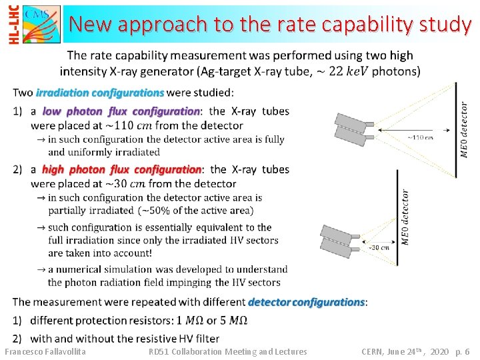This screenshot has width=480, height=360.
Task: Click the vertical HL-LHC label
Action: (12, 25)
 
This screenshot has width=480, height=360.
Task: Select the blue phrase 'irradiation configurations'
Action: (100, 92)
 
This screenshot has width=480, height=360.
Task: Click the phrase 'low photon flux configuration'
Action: (121, 111)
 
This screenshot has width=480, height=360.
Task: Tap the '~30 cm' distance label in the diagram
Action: (379, 247)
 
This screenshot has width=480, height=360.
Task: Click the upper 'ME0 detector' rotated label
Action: (464, 129)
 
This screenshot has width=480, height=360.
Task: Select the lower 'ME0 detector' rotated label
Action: (405, 217)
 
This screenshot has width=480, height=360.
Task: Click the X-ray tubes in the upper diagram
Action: (355, 127)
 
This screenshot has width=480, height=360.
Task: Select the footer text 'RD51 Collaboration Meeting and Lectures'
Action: (227, 351)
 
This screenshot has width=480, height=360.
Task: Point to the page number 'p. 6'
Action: (462, 351)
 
